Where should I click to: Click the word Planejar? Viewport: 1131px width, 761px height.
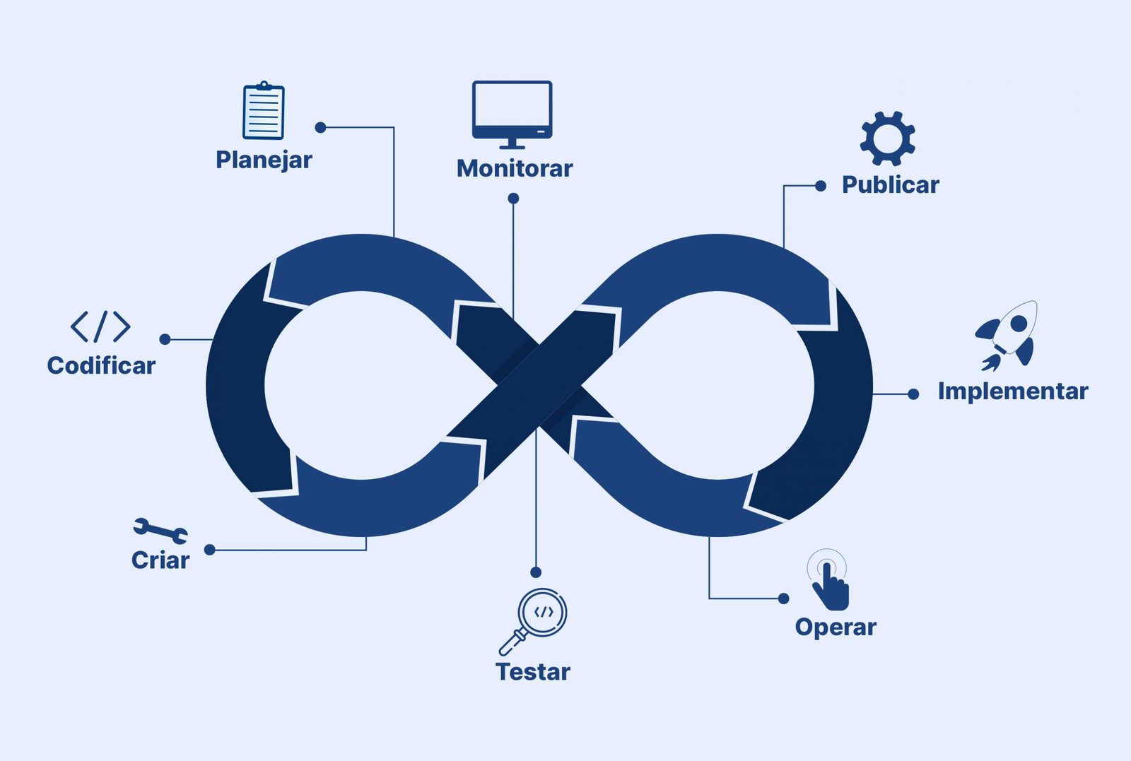(x=264, y=160)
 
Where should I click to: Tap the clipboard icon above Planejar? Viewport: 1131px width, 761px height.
(x=263, y=111)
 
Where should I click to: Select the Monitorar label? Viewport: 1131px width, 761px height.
(x=514, y=168)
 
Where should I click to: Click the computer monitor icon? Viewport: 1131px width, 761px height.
(x=512, y=113)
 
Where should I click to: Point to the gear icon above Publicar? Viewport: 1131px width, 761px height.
(x=887, y=138)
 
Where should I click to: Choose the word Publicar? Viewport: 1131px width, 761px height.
(x=890, y=185)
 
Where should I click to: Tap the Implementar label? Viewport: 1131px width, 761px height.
(x=1012, y=391)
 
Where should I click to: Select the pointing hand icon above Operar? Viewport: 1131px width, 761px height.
(x=828, y=582)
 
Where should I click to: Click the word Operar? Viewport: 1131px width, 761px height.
(x=836, y=627)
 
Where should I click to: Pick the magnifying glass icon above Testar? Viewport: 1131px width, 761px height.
(x=534, y=620)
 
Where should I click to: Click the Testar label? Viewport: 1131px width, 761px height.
(x=532, y=671)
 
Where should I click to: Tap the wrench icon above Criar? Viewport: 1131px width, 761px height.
(x=160, y=530)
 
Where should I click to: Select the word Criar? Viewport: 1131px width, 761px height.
(x=160, y=560)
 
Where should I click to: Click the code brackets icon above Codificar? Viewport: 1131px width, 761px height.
(x=100, y=326)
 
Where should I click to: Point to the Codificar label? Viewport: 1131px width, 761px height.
(x=101, y=365)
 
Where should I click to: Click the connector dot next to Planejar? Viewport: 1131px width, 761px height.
(x=320, y=127)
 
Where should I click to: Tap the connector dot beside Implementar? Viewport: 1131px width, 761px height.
(x=913, y=394)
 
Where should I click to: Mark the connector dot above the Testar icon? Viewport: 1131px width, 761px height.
(x=536, y=572)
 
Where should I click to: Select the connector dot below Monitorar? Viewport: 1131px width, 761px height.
(x=513, y=199)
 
